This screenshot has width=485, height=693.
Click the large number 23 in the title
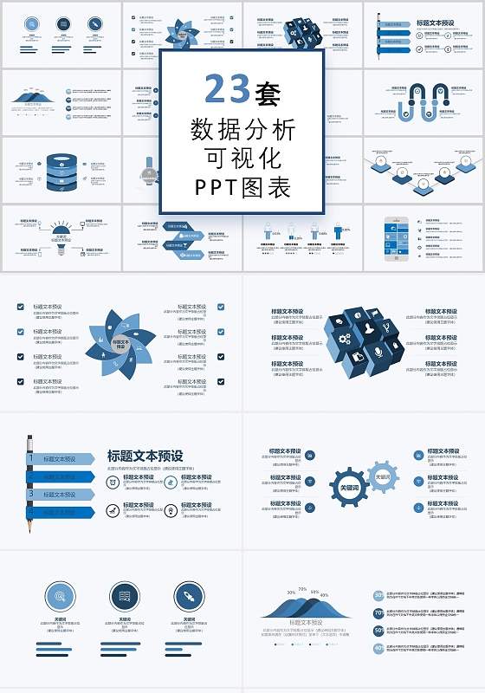228,88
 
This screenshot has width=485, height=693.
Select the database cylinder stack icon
61,172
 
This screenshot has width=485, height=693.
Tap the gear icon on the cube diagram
345,339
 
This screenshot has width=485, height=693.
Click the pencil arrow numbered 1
61,459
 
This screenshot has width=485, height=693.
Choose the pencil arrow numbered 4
61,513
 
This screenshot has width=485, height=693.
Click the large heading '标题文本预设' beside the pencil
145,456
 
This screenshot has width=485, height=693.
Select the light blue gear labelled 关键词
382,476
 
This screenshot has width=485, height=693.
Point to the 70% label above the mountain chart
302,589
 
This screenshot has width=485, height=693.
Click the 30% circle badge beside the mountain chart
378,595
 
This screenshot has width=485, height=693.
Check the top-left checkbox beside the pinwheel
21,307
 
